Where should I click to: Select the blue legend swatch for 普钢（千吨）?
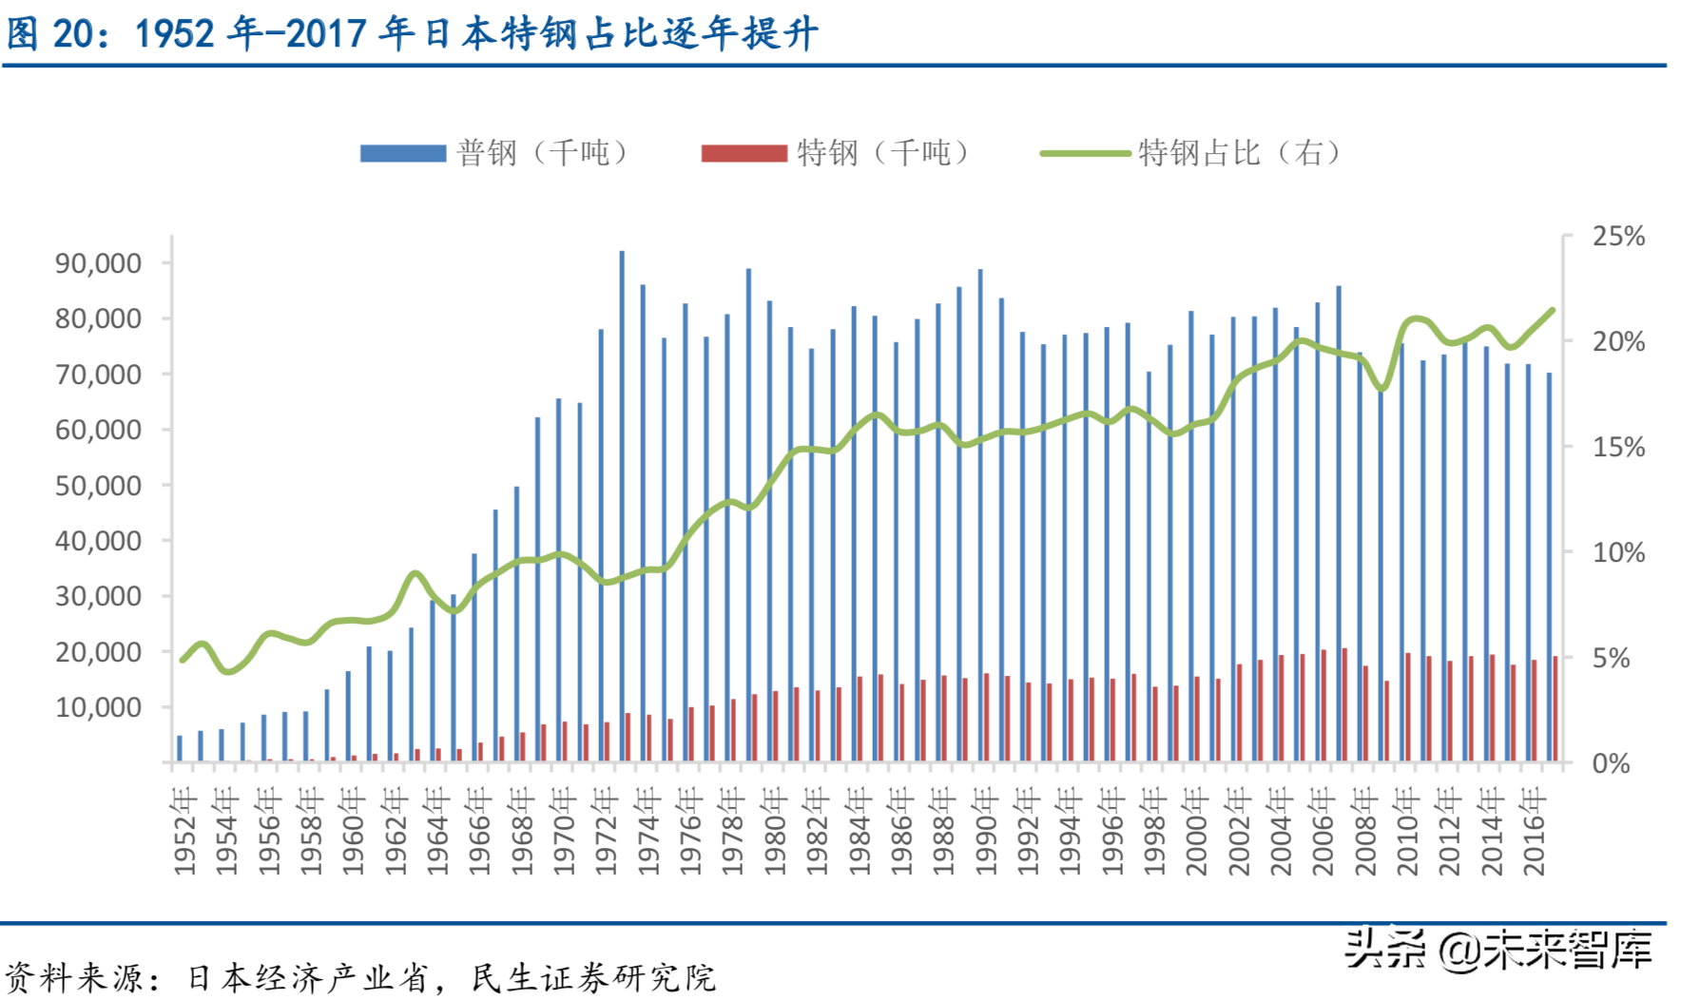403,153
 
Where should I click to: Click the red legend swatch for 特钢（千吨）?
744,153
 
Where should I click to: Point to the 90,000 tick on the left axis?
99,263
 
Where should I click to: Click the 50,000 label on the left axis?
99,486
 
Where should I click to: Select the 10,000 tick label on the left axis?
99,708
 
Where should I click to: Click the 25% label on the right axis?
1618,237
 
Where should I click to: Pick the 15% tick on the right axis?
1618,448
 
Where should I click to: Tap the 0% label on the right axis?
1611,764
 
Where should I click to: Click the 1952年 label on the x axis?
184,831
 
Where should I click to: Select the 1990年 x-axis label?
986,831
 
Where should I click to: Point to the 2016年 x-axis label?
1534,831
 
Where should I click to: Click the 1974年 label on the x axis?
648,831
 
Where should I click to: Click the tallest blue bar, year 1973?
622,504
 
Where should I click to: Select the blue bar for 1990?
980,513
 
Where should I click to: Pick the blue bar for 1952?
180,749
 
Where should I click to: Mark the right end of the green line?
1553,310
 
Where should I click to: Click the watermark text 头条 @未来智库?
1497,950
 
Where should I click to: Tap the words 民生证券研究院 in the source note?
593,978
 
